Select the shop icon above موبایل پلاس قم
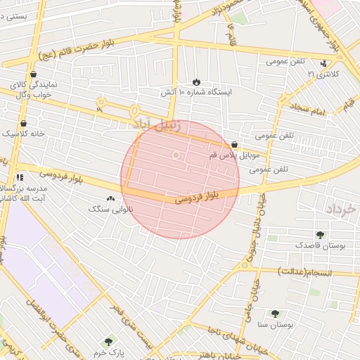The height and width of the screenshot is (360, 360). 234,145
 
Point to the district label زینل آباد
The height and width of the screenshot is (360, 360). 156,125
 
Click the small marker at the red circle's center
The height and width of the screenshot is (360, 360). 176,155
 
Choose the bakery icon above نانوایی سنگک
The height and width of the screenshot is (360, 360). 110,199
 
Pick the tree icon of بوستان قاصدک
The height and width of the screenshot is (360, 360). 321,235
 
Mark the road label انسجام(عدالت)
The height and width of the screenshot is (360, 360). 309,271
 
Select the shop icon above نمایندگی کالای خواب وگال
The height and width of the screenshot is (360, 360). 33,74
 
